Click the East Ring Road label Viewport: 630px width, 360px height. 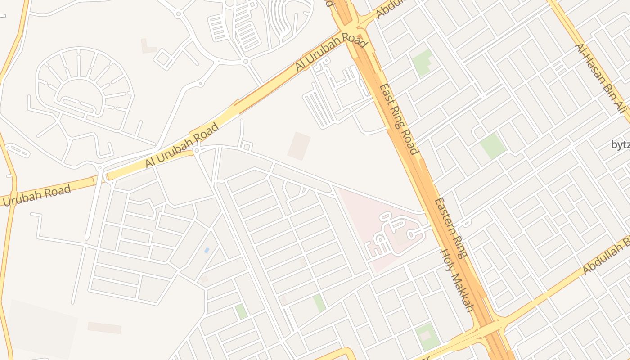click(399, 119)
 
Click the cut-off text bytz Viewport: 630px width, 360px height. click(621, 144)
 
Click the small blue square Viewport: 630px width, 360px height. click(207, 250)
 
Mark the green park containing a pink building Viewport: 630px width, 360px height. click(427, 336)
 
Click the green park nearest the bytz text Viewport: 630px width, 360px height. click(493, 145)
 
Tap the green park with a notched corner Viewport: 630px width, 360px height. click(422, 62)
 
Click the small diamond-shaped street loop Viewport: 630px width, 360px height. click(163, 58)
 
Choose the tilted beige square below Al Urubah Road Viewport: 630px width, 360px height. click(299, 146)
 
